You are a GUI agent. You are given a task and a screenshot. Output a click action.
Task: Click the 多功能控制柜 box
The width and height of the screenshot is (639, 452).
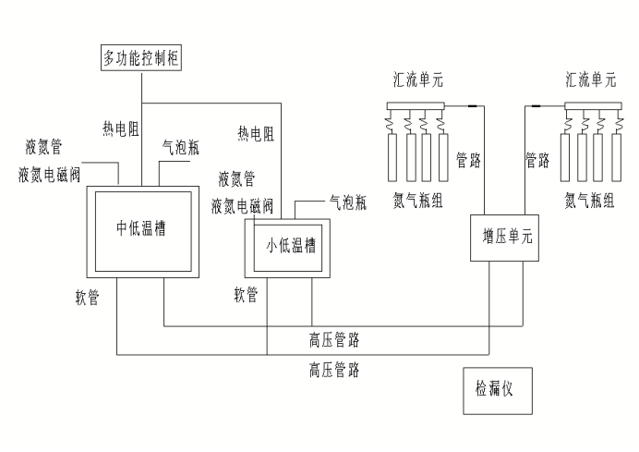point(142,60)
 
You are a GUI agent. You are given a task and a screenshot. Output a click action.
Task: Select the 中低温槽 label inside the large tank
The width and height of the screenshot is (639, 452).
point(140,227)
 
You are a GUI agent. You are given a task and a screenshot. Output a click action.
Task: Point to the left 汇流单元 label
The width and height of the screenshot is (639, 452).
point(415,81)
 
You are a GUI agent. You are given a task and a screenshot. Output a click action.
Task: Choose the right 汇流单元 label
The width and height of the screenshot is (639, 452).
point(590,81)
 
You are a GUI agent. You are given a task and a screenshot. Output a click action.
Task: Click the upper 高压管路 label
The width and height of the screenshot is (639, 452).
point(334,341)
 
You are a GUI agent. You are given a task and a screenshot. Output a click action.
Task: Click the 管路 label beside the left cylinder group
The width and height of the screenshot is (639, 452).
point(468,160)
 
